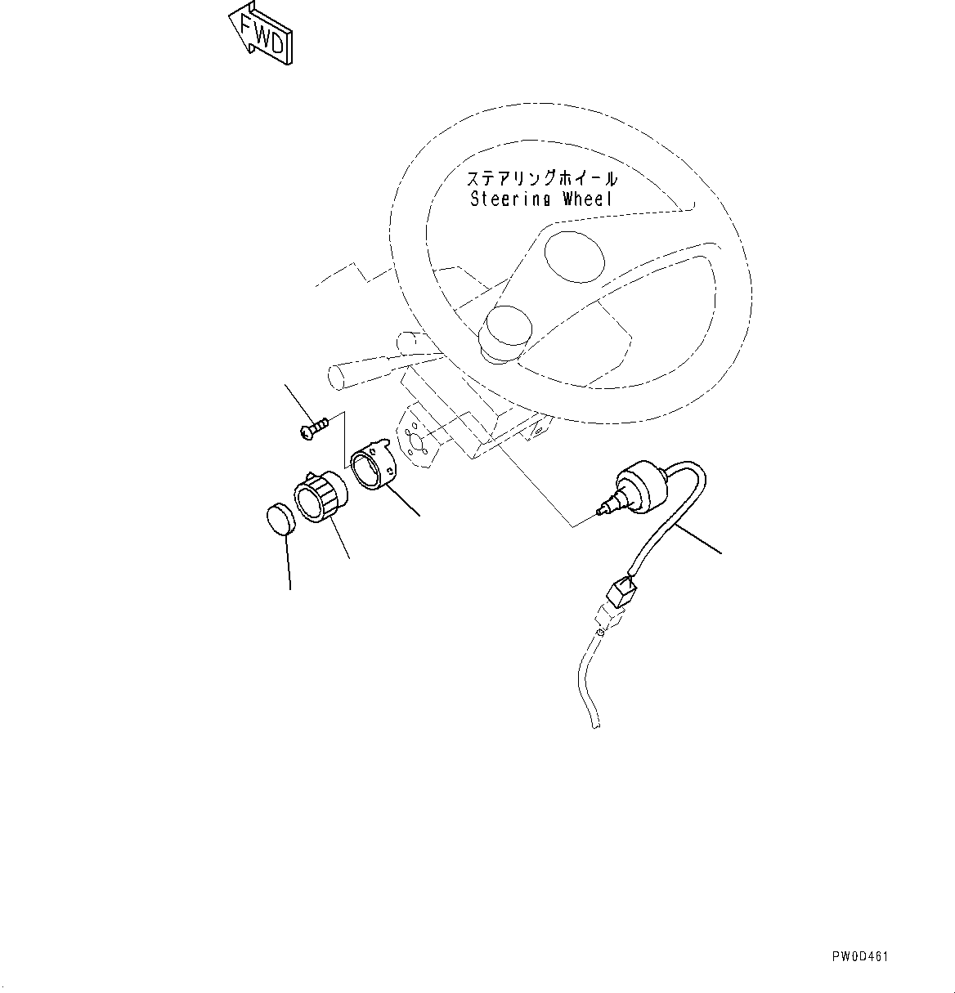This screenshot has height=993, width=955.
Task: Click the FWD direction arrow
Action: [261, 34]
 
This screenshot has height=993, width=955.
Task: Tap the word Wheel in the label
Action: [587, 199]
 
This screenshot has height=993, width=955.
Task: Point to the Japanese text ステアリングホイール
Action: [542, 178]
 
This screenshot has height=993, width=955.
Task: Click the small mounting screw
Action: [315, 427]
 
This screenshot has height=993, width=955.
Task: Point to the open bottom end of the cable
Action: [598, 724]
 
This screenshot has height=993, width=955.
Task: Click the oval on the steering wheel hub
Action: [575, 256]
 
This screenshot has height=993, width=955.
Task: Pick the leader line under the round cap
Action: [288, 564]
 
